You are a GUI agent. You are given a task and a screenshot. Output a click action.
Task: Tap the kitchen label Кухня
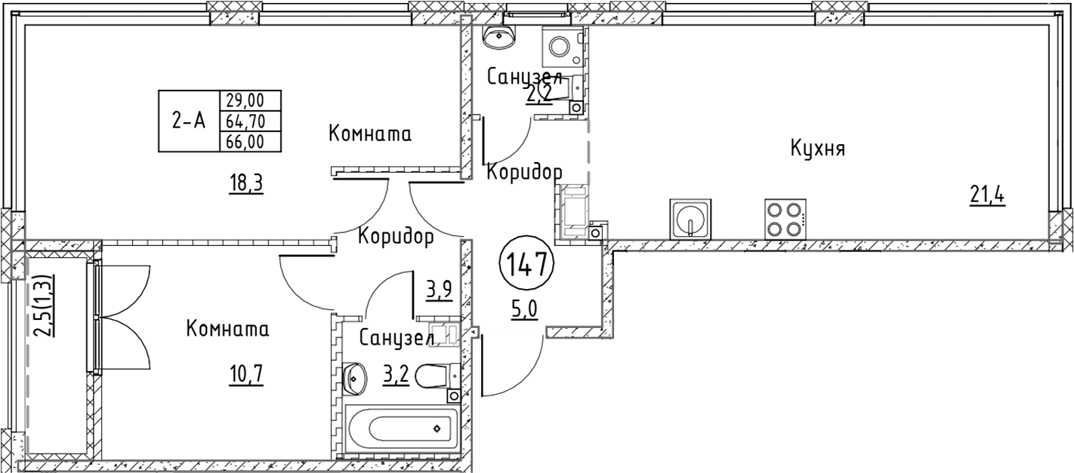click(817, 149)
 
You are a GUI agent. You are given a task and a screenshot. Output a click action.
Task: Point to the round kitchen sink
click(688, 219)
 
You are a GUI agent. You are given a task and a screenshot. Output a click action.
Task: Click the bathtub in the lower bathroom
click(400, 429)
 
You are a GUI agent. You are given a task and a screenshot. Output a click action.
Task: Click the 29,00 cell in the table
click(249, 100)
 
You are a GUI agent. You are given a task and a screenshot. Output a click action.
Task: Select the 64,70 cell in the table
click(249, 121)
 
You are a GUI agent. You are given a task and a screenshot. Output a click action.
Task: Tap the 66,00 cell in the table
click(249, 141)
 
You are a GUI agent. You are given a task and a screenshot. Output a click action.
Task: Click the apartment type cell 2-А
click(188, 121)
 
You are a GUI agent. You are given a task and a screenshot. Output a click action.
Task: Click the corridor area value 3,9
click(439, 289)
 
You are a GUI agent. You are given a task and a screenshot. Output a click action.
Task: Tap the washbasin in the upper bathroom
click(498, 37)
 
